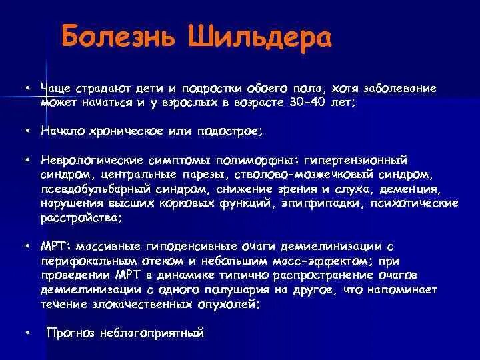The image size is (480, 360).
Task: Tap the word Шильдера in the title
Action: (251, 38)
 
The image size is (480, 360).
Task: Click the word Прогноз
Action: (70, 333)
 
